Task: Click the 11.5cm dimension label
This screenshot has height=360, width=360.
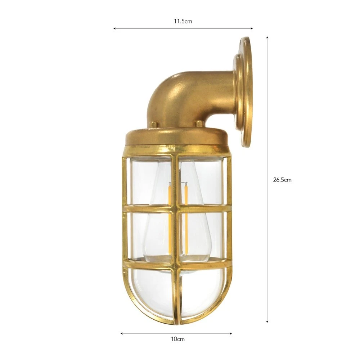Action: point(183,21)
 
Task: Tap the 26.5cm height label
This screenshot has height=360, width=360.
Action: point(282,180)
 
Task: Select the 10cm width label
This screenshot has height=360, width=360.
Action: point(176,339)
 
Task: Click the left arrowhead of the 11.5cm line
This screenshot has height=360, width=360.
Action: point(115,28)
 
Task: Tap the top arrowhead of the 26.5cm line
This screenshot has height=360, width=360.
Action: point(267,37)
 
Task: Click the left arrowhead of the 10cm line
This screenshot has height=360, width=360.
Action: point(122,333)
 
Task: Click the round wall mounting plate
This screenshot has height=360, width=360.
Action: point(245,92)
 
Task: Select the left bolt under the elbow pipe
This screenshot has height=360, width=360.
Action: point(153,124)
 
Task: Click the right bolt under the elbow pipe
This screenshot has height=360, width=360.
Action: point(199,124)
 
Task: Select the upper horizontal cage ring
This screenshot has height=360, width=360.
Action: point(176,208)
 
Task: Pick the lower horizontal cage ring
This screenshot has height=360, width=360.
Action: point(176,265)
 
